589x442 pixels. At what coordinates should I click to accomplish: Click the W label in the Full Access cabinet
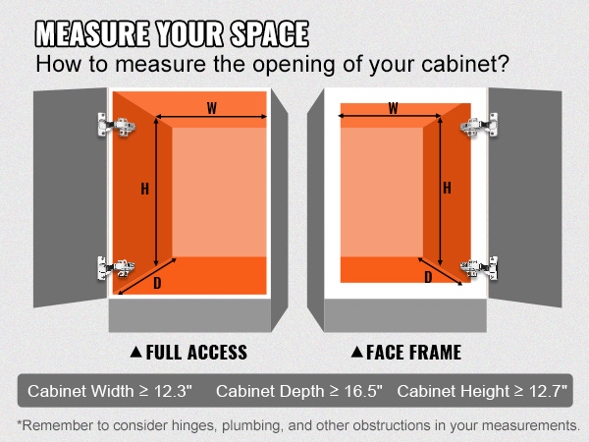click(212, 108)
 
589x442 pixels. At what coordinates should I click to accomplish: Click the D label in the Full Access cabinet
click(158, 285)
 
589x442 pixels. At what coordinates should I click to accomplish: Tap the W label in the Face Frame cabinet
click(394, 108)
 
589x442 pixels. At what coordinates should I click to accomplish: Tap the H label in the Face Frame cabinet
click(447, 188)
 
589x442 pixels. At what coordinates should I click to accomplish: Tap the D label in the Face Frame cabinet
click(428, 278)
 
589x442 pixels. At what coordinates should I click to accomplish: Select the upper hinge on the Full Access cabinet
click(117, 124)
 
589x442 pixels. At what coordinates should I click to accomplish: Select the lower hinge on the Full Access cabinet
click(117, 266)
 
